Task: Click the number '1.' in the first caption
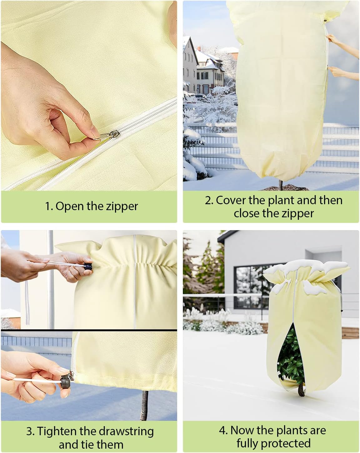coord(49,206)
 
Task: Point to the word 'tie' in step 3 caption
coord(91,445)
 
